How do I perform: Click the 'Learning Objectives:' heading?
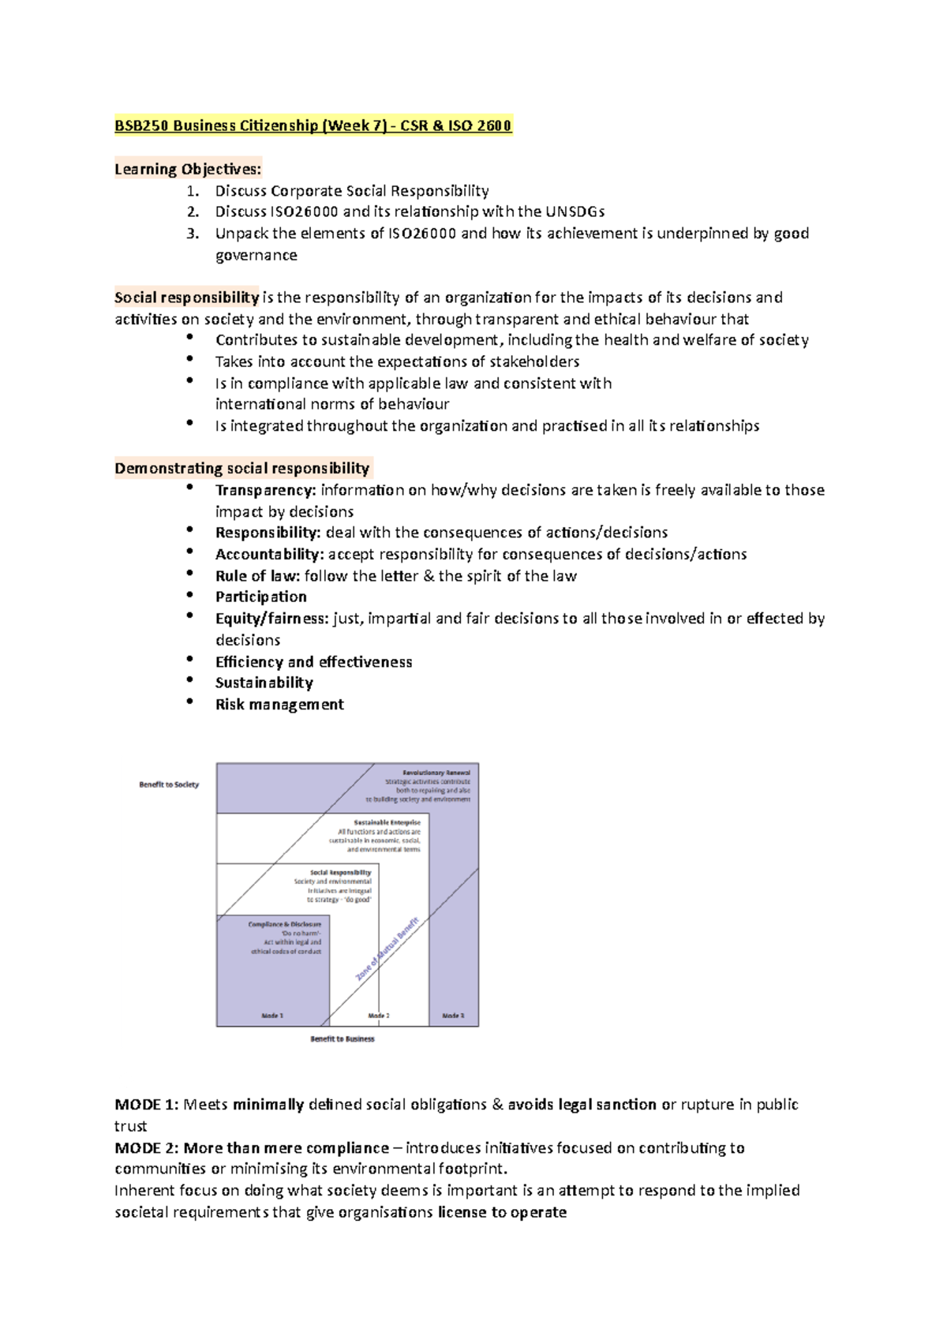tap(187, 169)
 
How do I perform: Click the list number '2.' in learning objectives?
tap(193, 211)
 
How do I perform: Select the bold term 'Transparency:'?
tap(265, 490)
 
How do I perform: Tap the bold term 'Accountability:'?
tap(269, 554)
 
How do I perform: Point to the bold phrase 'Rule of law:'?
tap(257, 576)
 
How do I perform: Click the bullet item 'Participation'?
tap(260, 597)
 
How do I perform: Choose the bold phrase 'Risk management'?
tap(279, 704)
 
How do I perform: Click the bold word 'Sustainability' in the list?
tap(264, 683)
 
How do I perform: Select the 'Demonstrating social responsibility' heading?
tap(241, 468)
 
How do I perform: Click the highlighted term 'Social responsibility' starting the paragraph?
tap(186, 298)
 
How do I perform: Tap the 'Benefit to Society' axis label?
tap(169, 784)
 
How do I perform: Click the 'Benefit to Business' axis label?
tap(342, 1039)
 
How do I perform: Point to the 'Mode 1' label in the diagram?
tap(272, 1016)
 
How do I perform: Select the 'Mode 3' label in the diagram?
tap(453, 1016)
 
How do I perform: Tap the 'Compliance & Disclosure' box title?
tap(284, 924)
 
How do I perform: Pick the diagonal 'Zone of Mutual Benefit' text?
tap(387, 949)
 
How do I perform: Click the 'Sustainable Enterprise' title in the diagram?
tap(387, 822)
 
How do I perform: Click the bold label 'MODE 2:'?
tap(147, 1147)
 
